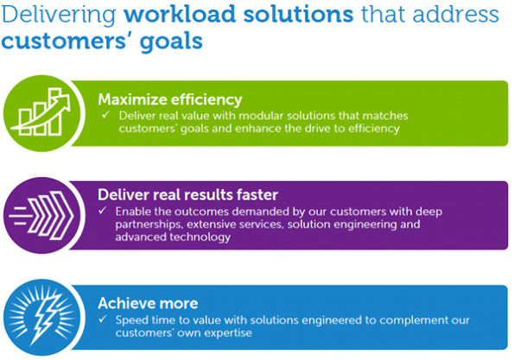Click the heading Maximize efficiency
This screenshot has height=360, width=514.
[170, 99]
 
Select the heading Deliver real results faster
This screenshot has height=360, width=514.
[187, 194]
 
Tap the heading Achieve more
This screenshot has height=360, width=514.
[148, 303]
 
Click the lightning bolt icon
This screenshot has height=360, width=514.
[45, 318]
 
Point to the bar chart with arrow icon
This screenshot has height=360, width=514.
[41, 111]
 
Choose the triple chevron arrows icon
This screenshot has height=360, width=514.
[41, 215]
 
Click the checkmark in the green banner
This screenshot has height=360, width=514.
[105, 115]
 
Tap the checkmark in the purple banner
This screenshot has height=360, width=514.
[103, 211]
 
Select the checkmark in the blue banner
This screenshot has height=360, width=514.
[103, 319]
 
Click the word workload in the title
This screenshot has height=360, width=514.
[180, 14]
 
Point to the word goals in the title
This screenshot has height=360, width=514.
[171, 42]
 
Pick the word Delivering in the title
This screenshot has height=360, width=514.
[59, 15]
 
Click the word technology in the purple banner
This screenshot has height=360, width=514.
[200, 237]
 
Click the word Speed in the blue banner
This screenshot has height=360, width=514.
[131, 320]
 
